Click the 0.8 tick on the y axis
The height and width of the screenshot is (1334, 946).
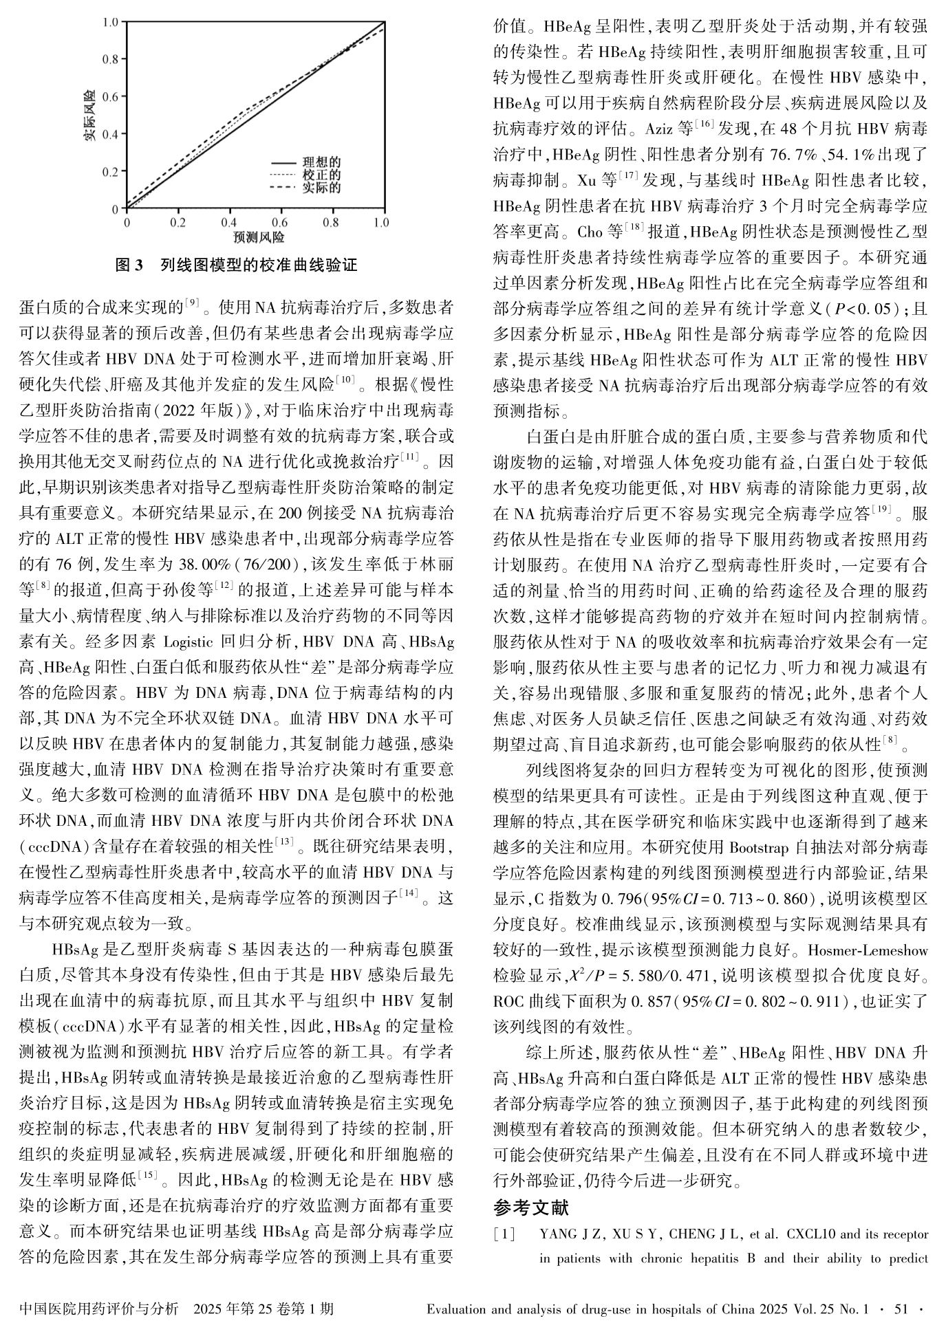point(110,59)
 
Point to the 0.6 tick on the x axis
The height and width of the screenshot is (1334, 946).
point(279,223)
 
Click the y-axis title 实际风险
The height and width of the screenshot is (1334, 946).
point(89,115)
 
